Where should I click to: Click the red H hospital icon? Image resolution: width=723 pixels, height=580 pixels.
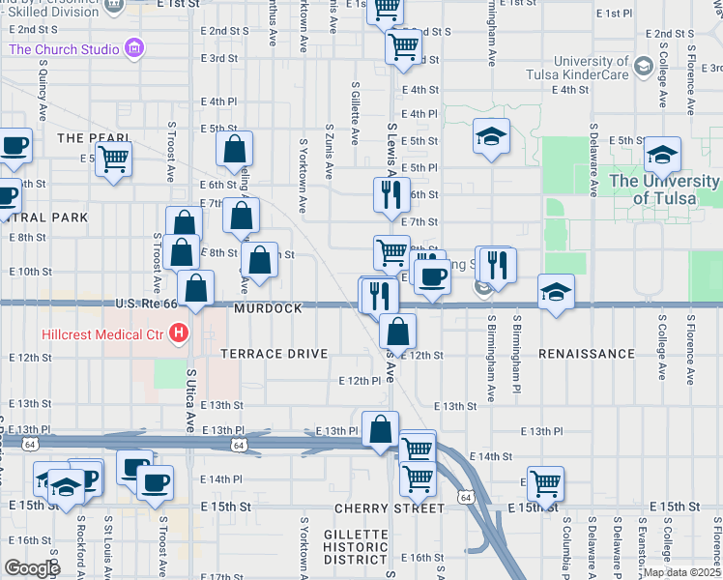[178, 334]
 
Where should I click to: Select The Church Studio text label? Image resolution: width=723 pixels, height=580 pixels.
[64, 48]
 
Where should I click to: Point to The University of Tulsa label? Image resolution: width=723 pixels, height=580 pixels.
[665, 189]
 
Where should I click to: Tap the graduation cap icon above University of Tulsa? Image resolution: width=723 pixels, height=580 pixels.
[662, 155]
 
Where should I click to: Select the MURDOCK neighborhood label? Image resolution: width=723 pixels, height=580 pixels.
[268, 308]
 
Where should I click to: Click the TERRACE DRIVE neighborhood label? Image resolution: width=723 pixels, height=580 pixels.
[275, 354]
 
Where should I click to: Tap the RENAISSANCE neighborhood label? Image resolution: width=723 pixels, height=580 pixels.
[586, 354]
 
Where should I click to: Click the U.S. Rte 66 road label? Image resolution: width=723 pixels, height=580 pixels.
[144, 304]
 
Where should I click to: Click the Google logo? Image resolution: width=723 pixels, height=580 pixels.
[32, 567]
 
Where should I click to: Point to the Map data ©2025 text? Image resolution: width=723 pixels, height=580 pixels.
[681, 571]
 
